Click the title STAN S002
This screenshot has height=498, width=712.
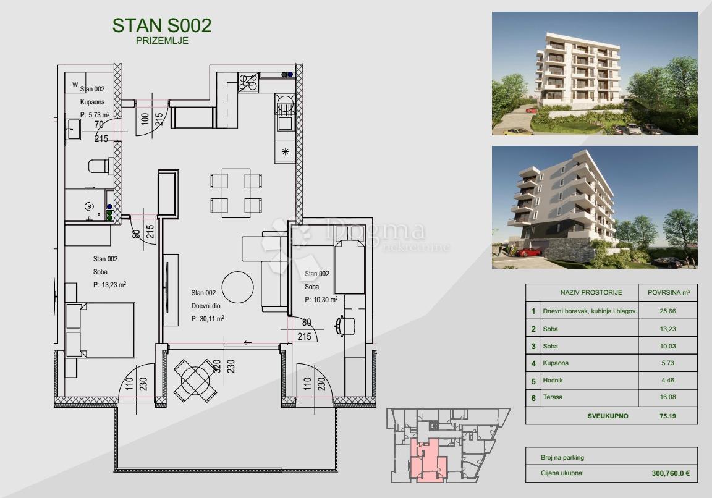[x=162, y=26]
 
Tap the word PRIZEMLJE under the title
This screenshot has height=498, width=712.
[x=162, y=40]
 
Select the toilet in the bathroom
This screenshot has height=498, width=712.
[x=100, y=166]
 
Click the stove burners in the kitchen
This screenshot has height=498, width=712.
[x=248, y=82]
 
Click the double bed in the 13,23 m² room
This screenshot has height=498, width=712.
[x=101, y=330]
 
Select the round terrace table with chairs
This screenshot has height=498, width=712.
[x=196, y=381]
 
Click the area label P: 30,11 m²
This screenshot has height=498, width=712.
[x=208, y=319]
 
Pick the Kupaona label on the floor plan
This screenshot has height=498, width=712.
[x=93, y=102]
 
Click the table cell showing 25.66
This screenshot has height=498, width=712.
[x=668, y=311]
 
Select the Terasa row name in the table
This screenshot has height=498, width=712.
[x=553, y=397]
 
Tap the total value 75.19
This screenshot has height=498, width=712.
[x=668, y=416]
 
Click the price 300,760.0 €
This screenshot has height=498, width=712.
[x=671, y=473]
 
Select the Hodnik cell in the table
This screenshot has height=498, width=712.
[x=552, y=380]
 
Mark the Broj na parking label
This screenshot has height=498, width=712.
[x=562, y=458]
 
